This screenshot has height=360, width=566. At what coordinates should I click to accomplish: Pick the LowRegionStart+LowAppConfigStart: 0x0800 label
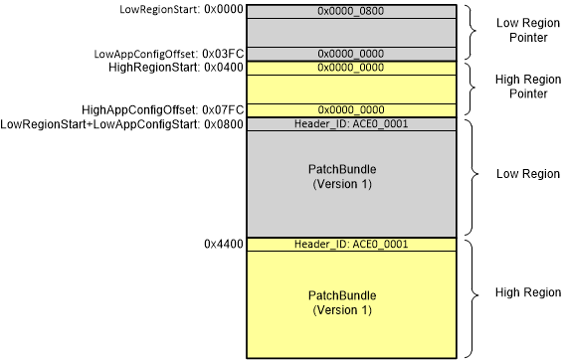click(122, 124)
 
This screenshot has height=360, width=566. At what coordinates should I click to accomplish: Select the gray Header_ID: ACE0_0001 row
click(351, 124)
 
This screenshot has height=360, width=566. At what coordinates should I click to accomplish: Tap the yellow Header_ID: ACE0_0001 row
click(351, 244)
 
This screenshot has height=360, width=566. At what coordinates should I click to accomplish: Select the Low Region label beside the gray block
click(527, 173)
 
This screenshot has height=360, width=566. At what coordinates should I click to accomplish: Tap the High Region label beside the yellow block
click(527, 295)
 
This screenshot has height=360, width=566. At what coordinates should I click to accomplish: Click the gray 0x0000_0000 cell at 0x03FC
click(351, 53)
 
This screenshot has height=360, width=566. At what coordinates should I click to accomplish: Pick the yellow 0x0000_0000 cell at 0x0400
click(351, 68)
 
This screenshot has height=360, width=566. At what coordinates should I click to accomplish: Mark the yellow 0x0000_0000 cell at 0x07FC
click(351, 109)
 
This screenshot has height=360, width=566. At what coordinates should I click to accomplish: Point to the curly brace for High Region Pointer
click(469, 89)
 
